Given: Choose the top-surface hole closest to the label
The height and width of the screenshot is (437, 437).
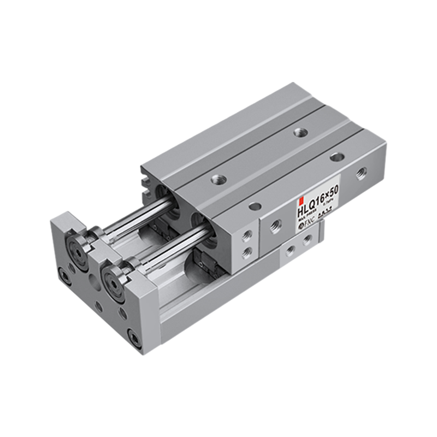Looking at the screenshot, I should click(254, 206).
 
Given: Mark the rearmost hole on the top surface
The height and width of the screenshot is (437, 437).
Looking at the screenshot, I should click(299, 131).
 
